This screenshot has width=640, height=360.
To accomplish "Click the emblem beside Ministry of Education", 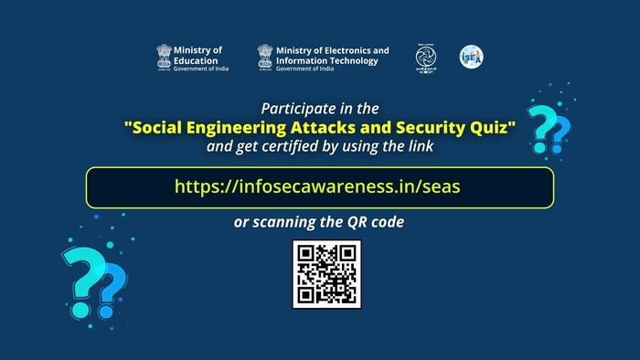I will pos(164,57).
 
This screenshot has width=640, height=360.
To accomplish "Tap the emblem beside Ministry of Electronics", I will pos(264,57).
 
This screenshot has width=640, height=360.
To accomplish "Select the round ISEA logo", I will pos(471,57).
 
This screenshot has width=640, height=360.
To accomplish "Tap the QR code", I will pos(326,273).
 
